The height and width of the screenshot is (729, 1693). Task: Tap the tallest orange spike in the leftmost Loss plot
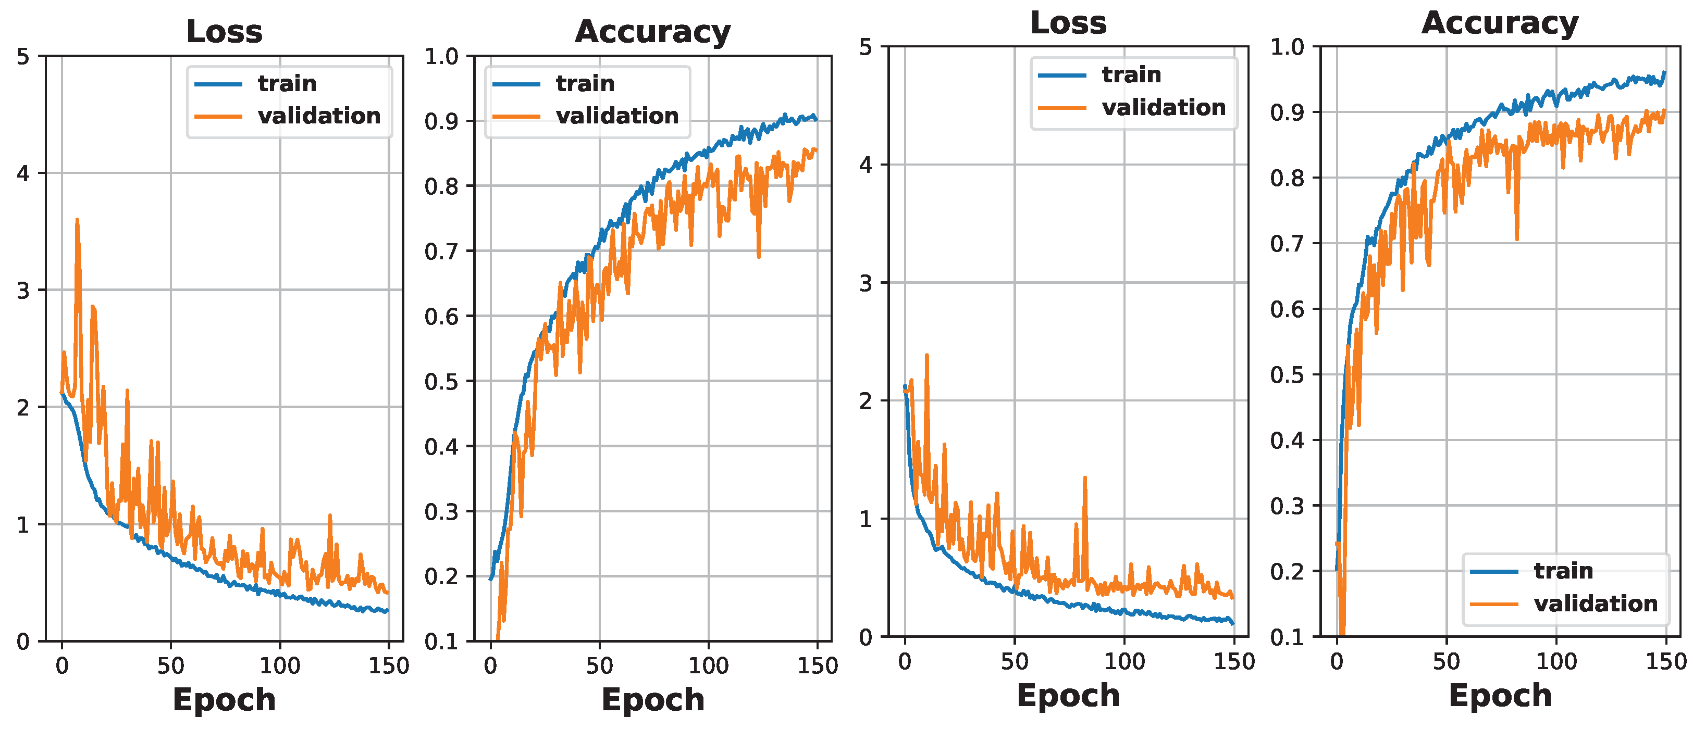coord(77,221)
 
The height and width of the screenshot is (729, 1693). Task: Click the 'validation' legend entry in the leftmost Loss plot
coord(319,116)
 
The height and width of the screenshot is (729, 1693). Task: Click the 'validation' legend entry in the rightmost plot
coord(1595,603)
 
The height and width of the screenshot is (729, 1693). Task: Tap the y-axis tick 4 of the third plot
coord(866,165)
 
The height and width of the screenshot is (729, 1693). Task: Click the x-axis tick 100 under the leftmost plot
coord(280,666)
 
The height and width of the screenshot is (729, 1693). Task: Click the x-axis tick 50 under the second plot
coord(599,666)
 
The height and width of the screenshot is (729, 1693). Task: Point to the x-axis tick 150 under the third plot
coord(1233,661)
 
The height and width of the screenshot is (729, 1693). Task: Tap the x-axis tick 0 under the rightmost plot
coord(1337,661)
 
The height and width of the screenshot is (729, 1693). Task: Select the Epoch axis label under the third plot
coord(1068,695)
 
